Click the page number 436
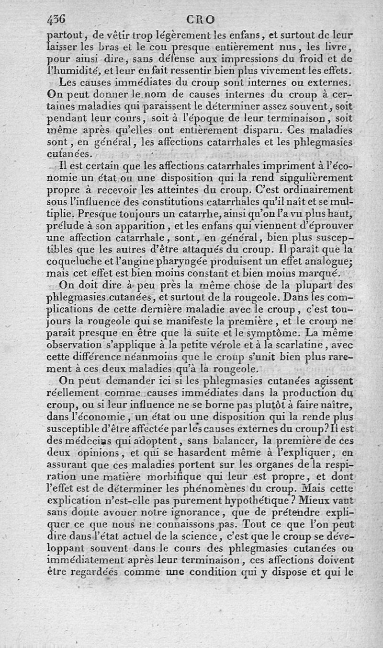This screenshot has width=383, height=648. [x=56, y=19]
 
